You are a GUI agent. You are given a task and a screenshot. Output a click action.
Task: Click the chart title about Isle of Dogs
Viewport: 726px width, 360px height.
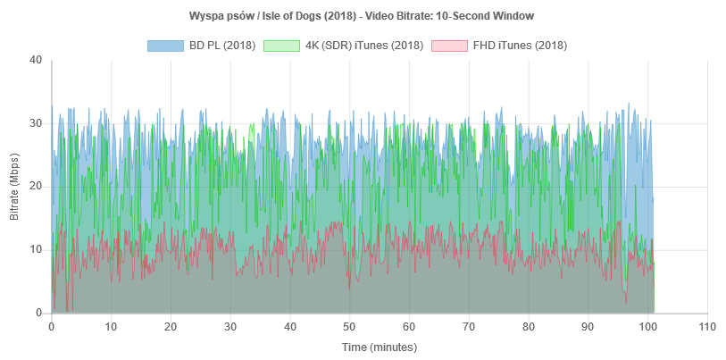(x=363, y=16)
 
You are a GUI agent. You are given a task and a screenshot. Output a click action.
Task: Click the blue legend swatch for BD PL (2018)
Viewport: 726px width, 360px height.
(x=165, y=45)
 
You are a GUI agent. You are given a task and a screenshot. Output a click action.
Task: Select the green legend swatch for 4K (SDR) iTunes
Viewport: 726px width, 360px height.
(x=282, y=45)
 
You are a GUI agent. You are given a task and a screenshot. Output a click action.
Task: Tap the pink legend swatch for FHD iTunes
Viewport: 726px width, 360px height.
(x=448, y=45)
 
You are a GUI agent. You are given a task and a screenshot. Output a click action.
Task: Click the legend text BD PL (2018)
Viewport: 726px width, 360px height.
(x=222, y=45)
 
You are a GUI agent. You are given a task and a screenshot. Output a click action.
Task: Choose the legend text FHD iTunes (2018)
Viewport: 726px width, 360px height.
(x=518, y=45)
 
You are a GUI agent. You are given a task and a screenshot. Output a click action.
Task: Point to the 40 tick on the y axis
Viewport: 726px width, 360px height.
(x=36, y=61)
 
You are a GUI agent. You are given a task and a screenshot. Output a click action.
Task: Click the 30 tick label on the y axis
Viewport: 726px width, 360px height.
(x=36, y=123)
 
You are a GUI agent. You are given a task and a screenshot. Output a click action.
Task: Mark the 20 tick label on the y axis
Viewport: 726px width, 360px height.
(x=36, y=187)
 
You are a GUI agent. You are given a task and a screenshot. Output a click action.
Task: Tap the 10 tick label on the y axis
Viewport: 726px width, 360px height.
(x=36, y=249)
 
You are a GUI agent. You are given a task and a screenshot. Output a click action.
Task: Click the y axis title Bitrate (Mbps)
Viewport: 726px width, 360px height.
(x=14, y=186)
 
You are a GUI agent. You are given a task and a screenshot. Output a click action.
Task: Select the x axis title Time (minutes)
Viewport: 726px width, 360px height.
(x=379, y=347)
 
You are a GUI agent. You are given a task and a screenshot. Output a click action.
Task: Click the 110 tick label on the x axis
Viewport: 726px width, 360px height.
(x=706, y=326)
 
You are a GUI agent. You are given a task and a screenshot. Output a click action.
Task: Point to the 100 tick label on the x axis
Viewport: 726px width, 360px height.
(x=647, y=326)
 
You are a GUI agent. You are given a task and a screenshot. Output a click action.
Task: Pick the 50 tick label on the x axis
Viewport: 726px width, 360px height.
(x=349, y=326)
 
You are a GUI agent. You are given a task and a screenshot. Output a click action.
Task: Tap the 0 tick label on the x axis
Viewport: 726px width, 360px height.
(x=52, y=326)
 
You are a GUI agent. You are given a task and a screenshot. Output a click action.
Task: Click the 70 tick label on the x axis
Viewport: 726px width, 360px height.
(x=468, y=326)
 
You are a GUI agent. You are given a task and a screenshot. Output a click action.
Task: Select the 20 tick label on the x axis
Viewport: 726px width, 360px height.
(x=171, y=326)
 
